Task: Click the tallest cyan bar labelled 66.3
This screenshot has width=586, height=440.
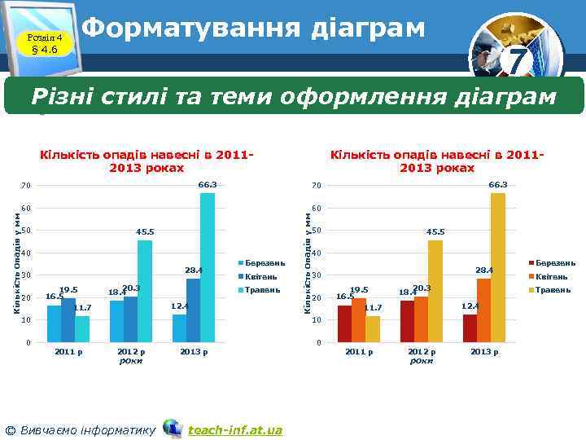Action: (x=208, y=267)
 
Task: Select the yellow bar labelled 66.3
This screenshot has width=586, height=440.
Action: (x=498, y=267)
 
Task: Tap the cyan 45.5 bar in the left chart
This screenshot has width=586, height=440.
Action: (x=145, y=291)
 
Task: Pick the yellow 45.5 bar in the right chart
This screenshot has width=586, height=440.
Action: (x=435, y=291)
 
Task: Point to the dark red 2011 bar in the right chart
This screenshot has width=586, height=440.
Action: (x=344, y=323)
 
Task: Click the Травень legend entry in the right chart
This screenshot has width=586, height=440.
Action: (x=551, y=289)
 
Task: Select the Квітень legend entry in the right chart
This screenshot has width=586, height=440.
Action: (x=551, y=276)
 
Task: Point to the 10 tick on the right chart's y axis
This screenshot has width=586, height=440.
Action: (x=317, y=320)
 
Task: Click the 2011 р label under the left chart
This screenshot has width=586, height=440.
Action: (x=68, y=352)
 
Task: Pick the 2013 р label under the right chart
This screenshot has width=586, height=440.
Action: (x=484, y=352)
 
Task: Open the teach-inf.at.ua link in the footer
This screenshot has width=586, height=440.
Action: (x=235, y=429)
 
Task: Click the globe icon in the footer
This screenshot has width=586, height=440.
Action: (x=172, y=429)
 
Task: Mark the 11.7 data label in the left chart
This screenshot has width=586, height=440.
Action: (x=82, y=308)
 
